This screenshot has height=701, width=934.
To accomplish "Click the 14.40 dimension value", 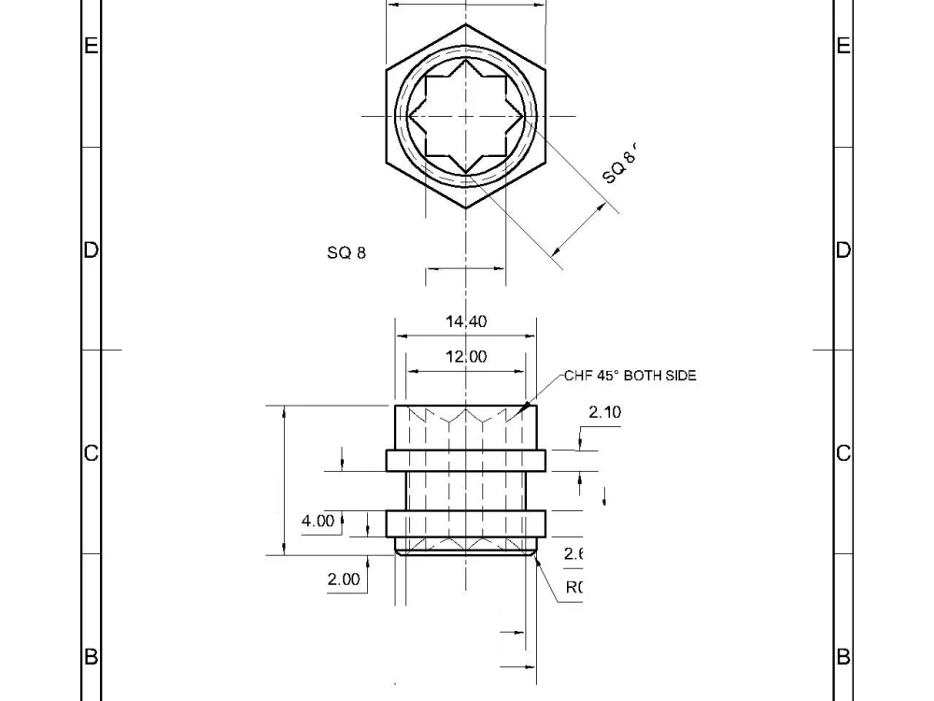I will (466, 322).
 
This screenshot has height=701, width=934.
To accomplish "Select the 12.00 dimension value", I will (466, 356).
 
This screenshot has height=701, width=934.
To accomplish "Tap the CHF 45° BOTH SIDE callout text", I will (630, 376).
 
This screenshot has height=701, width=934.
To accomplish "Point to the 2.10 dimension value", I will (604, 412).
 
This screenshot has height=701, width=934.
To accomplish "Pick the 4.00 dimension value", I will (318, 521).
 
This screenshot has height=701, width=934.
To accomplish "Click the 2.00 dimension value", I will (343, 579).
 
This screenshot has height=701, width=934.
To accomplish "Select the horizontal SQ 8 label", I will (347, 253).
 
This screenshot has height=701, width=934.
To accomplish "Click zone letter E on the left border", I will (91, 46).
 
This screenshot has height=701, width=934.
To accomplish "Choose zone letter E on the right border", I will (843, 46).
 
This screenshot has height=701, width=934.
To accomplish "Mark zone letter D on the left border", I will (91, 250).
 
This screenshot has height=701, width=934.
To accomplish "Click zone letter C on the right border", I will (843, 453).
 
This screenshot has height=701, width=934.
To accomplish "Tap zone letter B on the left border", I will (91, 657).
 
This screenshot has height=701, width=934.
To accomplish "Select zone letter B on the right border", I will (843, 657).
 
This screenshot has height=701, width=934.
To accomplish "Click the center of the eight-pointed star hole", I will (466, 115).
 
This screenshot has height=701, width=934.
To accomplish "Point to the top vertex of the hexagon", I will (466, 23).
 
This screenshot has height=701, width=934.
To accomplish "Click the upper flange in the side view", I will (466, 460).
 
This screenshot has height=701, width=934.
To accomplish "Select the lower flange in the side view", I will (466, 523).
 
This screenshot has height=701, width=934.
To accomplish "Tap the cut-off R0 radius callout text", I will (573, 588).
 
